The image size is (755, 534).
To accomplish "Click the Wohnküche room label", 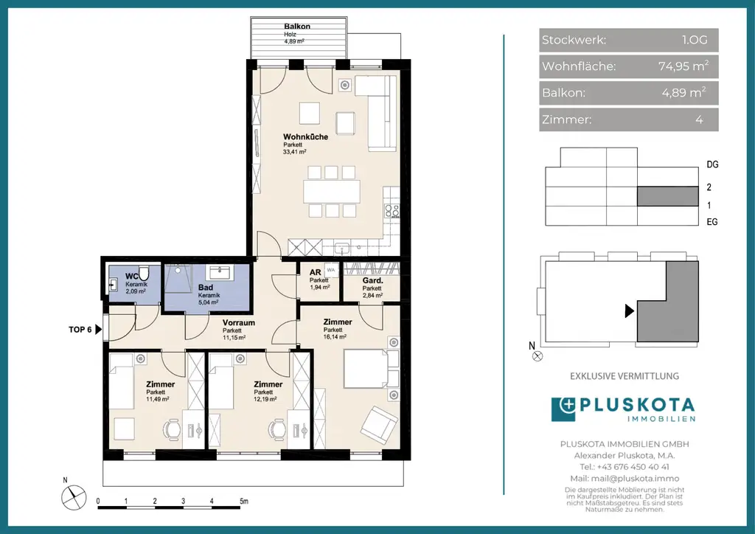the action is point(305,136).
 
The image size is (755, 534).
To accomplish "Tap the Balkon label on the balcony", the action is point(297,27).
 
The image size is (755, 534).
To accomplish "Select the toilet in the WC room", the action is point(144,273).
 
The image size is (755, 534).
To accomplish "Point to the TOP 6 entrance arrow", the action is point(99,330).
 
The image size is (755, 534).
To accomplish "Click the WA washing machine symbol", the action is point(331,270).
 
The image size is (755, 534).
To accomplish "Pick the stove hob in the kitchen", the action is point(392,210).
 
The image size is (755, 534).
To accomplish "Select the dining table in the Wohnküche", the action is point(332,191).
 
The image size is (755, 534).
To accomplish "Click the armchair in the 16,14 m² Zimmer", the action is point(380,425).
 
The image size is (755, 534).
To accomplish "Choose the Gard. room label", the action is point(372,281).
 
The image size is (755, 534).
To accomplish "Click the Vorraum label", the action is point(238,322).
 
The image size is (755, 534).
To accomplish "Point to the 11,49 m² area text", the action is point(158,399).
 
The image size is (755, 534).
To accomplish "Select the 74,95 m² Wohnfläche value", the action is point(683,66).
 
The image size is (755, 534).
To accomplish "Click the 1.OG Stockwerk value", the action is point(695,40).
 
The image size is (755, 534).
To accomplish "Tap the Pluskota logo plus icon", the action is point(563,409).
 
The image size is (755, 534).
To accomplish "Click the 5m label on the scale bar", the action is point(243,502).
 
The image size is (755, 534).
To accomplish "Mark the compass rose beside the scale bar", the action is point(74,497).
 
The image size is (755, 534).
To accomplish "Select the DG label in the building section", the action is point(712,164).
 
